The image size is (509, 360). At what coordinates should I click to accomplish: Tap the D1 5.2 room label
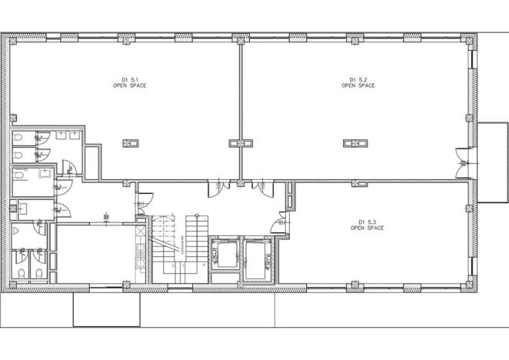tap(358, 79)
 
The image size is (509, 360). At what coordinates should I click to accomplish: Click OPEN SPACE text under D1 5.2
tap(358, 85)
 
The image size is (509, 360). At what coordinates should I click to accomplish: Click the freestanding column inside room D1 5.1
tap(131, 142)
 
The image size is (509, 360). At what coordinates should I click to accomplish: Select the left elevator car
tap(224, 255)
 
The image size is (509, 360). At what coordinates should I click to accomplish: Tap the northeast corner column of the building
tap(470, 39)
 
